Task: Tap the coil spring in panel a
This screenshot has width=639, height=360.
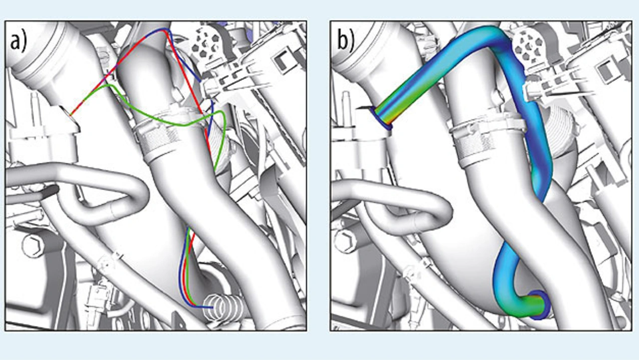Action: [x=222, y=305]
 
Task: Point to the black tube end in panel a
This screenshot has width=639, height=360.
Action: [x=50, y=190]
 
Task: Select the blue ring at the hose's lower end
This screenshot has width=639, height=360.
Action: [x=539, y=305]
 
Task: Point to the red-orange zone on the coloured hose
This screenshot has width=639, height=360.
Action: [x=387, y=112]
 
